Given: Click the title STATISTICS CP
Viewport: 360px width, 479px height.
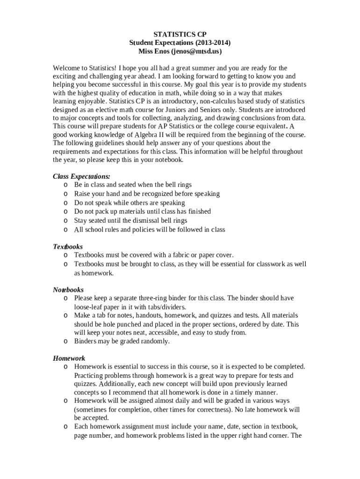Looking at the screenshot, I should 180,34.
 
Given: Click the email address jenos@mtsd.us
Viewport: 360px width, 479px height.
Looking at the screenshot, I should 196,51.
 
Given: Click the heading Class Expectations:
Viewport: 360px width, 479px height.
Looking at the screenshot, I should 81,176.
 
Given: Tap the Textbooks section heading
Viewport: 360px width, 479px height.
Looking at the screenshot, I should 68,247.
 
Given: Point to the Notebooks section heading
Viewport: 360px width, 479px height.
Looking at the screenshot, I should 68,290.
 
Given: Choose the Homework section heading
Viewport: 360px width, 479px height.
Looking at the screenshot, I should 69,358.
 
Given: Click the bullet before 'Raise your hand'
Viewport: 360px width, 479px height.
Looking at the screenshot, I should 66,194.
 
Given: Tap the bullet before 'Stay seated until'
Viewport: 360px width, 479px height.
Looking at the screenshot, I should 66,220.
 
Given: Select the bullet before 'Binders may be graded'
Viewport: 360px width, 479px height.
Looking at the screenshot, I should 66,341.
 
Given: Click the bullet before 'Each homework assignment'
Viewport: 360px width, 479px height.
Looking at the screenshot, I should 66,427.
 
